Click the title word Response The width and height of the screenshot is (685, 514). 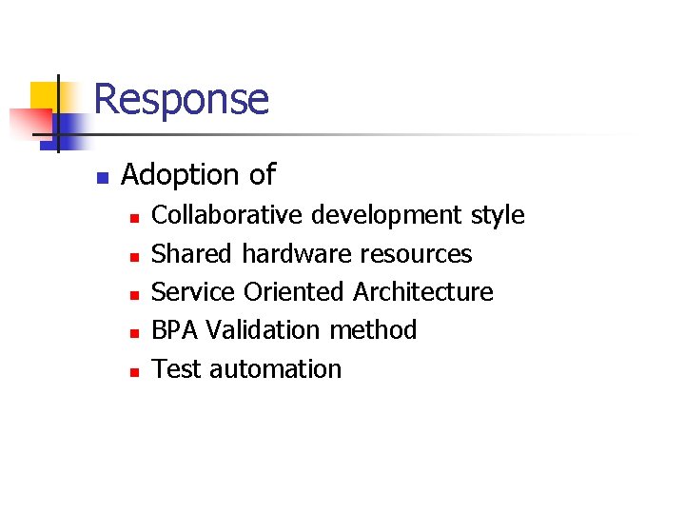[182, 99]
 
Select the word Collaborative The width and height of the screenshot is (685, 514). [225, 215]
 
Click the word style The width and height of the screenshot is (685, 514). [498, 215]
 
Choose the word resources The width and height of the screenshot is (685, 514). [416, 254]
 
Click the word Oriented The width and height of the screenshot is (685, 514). [295, 292]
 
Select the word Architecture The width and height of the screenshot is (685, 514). [423, 292]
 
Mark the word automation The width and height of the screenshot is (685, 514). [275, 369]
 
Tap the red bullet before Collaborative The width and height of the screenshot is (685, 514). [135, 218]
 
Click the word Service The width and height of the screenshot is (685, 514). [193, 292]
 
